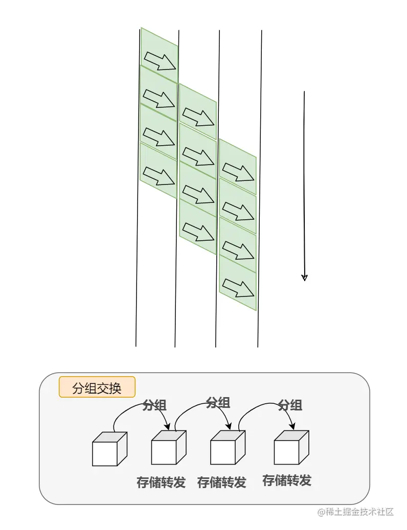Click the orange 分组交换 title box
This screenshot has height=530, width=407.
[x=97, y=387]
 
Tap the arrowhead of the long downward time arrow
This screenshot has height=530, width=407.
[x=304, y=278]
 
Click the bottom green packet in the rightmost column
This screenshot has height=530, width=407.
[x=238, y=284]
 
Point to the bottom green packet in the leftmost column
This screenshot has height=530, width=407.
[x=159, y=170]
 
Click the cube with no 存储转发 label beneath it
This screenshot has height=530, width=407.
[x=108, y=449]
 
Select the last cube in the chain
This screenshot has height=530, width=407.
[x=290, y=448]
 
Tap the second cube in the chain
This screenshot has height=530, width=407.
[x=168, y=448]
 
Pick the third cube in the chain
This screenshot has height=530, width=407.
[x=227, y=448]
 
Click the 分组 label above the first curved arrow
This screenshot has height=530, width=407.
[x=154, y=405]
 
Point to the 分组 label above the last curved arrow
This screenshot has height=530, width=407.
[x=290, y=405]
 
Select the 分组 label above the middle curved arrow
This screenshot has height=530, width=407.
[x=218, y=403]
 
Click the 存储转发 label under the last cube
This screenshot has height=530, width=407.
[x=287, y=480]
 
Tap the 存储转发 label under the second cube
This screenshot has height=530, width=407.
[x=161, y=482]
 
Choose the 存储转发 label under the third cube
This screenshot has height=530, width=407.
[x=222, y=482]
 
